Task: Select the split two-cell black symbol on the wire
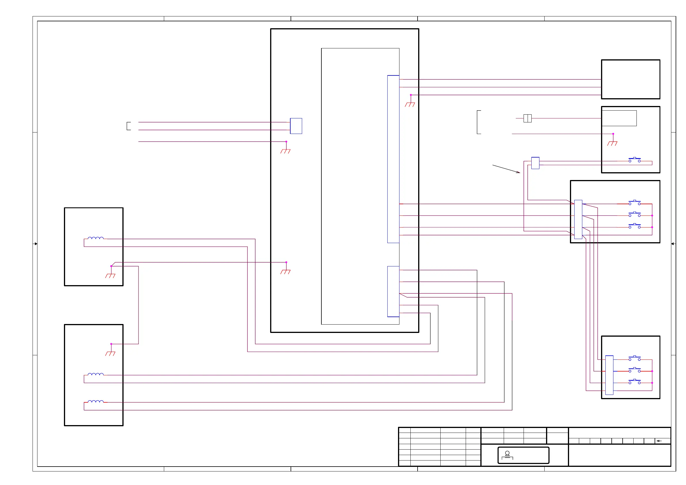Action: (527, 118)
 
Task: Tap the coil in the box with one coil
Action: (96, 238)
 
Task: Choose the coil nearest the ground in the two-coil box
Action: (96, 374)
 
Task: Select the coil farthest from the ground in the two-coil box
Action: (96, 401)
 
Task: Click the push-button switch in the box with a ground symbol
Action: (634, 160)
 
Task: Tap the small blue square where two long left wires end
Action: (296, 126)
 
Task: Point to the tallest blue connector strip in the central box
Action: (393, 159)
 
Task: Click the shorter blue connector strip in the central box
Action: (393, 291)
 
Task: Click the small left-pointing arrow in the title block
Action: (659, 441)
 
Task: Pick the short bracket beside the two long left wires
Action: (128, 126)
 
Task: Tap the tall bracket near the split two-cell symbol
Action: (479, 122)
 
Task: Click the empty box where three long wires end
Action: (630, 79)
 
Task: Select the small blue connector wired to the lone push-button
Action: (535, 163)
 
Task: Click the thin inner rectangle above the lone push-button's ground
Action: (619, 118)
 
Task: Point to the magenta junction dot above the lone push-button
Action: (613, 134)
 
